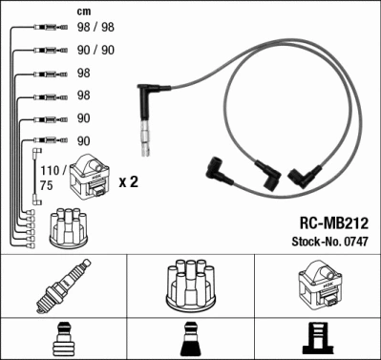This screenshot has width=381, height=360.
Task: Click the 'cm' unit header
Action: pyautogui.click(x=83, y=12)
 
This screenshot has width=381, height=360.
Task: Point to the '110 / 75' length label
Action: pyautogui.click(x=47, y=179)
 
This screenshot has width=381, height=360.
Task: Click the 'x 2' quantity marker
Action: pyautogui.click(x=129, y=180)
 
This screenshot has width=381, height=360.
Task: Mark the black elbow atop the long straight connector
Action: pyautogui.click(x=149, y=95)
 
